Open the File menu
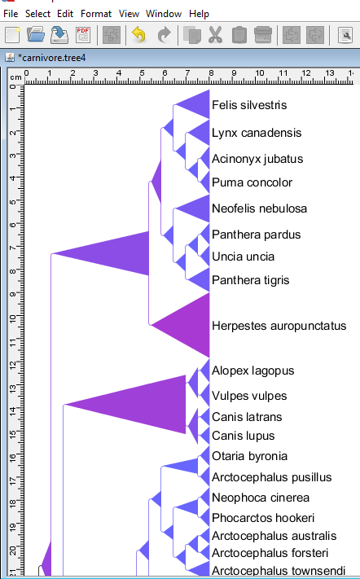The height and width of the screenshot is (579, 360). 11,14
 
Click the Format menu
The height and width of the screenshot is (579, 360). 96,14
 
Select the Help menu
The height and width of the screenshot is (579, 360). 199,14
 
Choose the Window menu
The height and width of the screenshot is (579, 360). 164,14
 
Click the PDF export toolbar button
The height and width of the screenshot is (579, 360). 83,35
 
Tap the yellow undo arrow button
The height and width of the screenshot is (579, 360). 138,35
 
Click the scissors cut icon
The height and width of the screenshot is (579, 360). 215,35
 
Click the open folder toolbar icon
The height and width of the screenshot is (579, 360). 36,35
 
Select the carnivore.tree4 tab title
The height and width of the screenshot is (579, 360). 51,58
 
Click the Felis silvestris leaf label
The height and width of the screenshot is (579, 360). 249,105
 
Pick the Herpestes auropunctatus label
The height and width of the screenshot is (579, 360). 279,326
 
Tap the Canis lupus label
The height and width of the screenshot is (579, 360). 244,436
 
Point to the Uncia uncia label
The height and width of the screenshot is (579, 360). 243,257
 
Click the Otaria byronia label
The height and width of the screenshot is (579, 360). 249,456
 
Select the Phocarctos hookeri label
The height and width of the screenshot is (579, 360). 263,518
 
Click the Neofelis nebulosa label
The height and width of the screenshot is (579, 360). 259,208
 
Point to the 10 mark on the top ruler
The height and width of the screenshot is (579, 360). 260,73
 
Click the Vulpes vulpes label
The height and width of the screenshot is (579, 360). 249,396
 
